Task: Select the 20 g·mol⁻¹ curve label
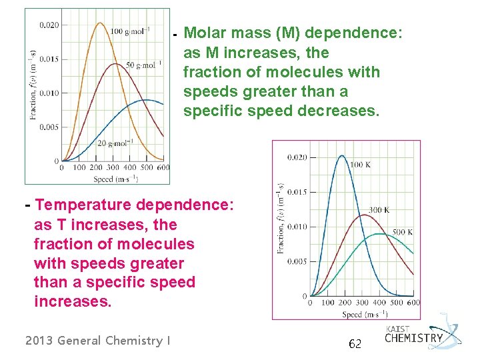tap(115, 142)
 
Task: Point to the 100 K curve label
tap(360, 164)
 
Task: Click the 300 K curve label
tap(379, 210)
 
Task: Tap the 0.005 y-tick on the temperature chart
tap(297, 261)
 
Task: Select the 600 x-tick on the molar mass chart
tap(163, 168)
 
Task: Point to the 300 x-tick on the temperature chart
tap(361, 303)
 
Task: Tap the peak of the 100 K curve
tap(341, 156)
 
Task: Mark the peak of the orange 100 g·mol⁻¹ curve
tap(100, 23)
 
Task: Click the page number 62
tap(355, 344)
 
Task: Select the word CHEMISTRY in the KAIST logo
tap(414, 338)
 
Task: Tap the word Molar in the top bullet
tap(206, 33)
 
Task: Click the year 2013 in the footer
tap(39, 341)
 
